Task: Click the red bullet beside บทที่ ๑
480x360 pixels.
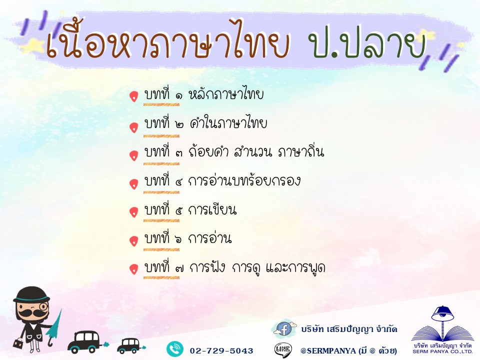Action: pos(134,96)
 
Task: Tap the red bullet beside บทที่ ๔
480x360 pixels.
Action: pos(134,184)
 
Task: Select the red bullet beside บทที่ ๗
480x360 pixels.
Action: pos(134,269)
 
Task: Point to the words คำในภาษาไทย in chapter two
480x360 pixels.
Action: pos(228,122)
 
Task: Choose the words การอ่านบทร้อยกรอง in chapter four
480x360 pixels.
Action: pos(244,180)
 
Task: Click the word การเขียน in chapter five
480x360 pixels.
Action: pos(212,209)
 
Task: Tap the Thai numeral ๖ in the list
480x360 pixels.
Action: pos(179,239)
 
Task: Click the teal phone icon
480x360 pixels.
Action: pos(175,349)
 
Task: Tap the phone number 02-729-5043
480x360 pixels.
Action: pos(221,351)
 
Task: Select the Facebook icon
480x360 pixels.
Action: pos(284,329)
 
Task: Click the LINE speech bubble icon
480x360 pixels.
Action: pos(283,349)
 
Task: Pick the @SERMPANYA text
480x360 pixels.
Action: pos(328,351)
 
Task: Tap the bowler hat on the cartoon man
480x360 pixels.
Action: pos(31,294)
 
